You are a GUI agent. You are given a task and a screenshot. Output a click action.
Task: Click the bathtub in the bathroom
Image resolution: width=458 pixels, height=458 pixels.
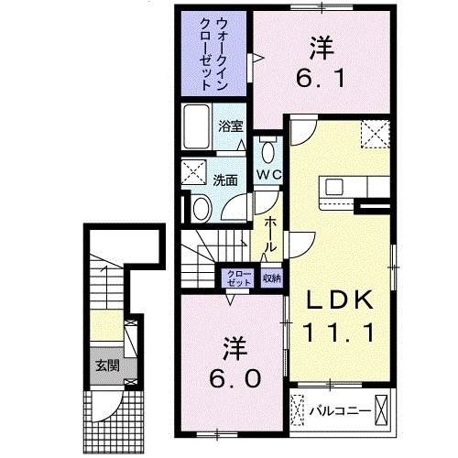[x=196, y=125]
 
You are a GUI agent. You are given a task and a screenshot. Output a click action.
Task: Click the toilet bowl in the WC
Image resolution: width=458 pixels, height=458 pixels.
[x=267, y=151]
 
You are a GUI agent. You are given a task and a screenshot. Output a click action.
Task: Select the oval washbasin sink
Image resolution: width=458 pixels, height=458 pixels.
[x=202, y=209]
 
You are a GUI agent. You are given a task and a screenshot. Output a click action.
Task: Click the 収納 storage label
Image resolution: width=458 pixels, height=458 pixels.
[x=271, y=278]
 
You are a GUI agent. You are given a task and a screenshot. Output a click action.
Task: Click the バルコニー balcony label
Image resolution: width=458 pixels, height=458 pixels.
[x=340, y=409]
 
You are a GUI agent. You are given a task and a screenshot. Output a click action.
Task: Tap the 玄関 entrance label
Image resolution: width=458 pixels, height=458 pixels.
[x=106, y=365]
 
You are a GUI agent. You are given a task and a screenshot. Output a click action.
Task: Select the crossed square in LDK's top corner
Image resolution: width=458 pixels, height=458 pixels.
[x=375, y=136]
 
